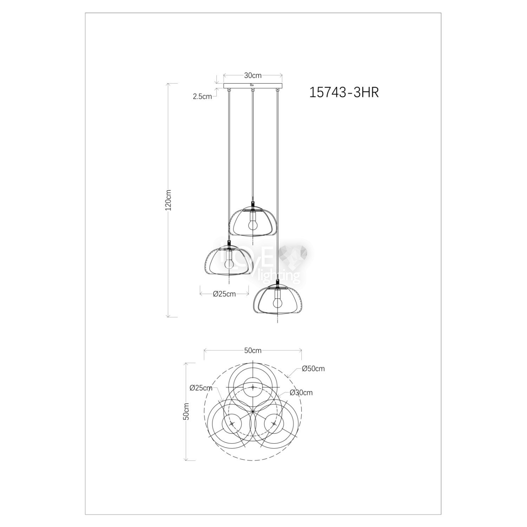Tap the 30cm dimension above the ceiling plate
(253, 75)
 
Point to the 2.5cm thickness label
(202, 96)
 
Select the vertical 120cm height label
(168, 200)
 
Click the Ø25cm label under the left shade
(224, 294)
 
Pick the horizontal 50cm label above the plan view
(253, 350)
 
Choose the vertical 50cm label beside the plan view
(186, 411)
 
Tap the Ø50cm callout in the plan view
(313, 369)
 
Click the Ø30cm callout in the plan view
(301, 393)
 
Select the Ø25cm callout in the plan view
(201, 388)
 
